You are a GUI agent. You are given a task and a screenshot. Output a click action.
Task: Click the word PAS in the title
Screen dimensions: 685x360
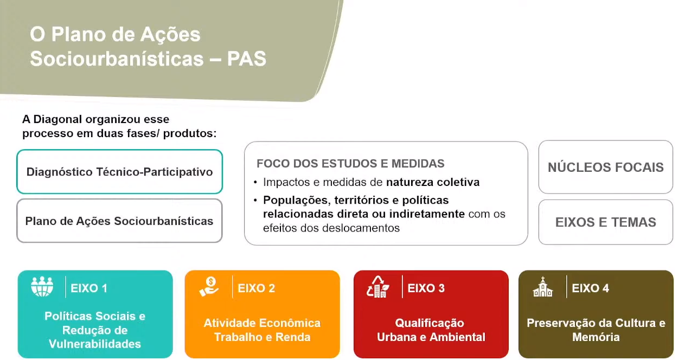(246, 59)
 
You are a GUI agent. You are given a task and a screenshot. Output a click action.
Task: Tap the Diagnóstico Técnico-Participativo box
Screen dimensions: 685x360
(119, 171)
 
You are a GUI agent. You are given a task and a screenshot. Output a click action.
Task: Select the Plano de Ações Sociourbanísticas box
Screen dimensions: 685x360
(119, 221)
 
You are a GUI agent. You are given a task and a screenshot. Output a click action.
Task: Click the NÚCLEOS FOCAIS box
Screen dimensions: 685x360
(605, 167)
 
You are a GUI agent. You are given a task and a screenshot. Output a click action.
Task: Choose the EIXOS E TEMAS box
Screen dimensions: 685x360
(605, 222)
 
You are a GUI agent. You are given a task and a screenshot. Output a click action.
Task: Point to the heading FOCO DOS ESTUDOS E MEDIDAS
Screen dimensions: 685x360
(350, 164)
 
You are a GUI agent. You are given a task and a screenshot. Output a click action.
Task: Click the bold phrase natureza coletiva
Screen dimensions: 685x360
(433, 182)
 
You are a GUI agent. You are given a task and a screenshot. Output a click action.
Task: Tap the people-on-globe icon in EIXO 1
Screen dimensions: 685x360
(42, 287)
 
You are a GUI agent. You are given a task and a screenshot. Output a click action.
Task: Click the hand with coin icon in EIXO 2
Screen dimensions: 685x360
(209, 287)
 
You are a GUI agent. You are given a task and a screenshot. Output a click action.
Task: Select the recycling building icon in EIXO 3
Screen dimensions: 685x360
(378, 287)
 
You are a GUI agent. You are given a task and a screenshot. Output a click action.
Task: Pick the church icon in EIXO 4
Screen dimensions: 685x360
(543, 287)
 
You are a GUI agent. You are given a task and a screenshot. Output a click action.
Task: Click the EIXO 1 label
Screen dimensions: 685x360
(89, 288)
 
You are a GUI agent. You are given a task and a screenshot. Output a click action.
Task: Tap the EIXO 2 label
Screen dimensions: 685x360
(256, 288)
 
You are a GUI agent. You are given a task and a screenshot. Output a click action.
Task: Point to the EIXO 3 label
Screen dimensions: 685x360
(426, 288)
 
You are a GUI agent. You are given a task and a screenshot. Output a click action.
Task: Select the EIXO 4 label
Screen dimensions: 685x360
(591, 288)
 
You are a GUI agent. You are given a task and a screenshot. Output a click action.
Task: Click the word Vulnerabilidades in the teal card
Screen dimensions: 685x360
(95, 344)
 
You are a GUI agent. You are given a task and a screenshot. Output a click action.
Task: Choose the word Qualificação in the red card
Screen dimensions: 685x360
(430, 324)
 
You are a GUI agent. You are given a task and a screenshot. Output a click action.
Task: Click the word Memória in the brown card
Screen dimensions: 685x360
(596, 337)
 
